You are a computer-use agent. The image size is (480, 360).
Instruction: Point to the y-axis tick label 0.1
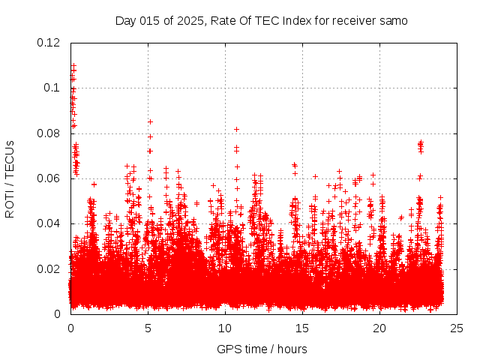coord(52,88)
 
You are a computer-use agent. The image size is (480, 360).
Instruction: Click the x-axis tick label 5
coord(148,328)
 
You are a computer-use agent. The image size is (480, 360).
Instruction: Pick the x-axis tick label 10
coord(225,328)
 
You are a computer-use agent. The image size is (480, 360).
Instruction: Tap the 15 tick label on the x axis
coord(302,328)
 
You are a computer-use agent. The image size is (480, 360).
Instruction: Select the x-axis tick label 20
coord(379,328)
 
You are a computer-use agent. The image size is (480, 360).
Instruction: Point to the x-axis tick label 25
coord(457,328)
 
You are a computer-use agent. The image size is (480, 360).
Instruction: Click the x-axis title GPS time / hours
coord(262,349)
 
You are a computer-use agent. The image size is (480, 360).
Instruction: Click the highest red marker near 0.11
coord(73,66)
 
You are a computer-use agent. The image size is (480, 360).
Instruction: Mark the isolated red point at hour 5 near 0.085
coord(150,121)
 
